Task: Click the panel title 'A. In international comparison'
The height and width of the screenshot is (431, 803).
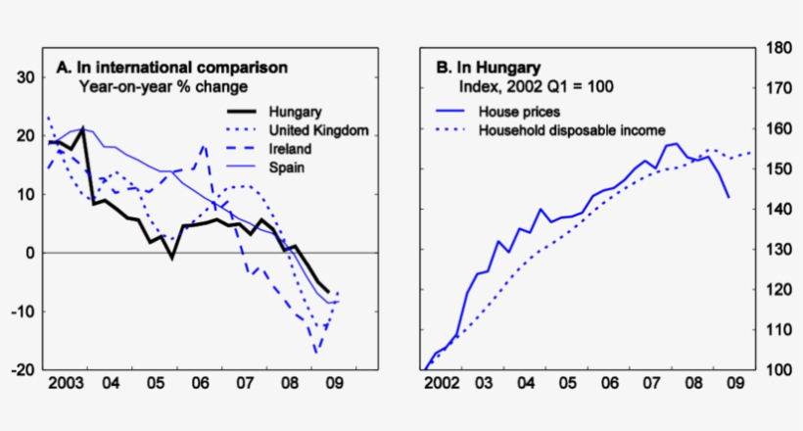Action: pos(171,68)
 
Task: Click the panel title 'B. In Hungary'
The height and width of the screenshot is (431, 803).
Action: pos(487,68)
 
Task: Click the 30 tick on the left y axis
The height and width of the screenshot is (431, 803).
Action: pos(25,77)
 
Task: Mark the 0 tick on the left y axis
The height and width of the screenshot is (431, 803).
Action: pos(29,253)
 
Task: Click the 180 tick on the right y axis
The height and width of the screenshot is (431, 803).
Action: pos(778,48)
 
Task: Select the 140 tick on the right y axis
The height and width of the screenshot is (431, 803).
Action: pos(778,210)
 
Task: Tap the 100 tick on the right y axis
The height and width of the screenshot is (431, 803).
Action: pos(778,370)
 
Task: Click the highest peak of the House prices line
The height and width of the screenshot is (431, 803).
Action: pos(675,143)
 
